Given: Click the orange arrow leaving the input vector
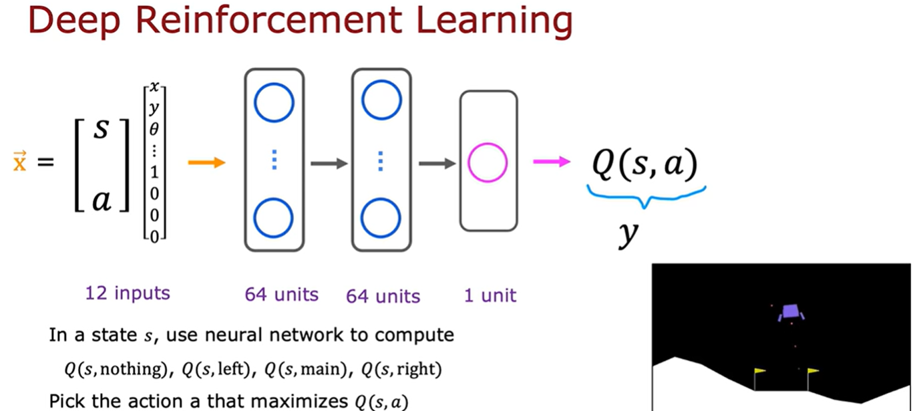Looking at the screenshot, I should (207, 162).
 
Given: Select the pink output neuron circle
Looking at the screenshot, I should (488, 162).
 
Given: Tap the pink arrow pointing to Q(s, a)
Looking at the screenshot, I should (551, 162).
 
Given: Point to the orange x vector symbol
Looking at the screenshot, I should (19, 162).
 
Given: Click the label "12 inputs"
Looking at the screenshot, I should (127, 293).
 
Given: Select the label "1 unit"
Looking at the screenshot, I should (490, 295).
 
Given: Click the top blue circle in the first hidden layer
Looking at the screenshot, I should (274, 102).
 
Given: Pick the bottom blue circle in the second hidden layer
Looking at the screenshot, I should (381, 219).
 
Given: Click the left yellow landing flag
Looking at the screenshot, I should (759, 372).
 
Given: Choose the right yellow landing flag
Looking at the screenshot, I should (813, 371).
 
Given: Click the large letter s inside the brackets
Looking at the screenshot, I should (101, 129).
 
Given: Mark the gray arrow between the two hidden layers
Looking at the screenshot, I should (329, 162).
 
